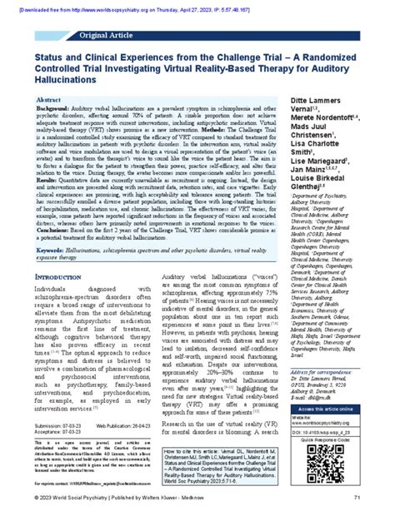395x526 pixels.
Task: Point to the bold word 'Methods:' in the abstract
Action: point(196,152)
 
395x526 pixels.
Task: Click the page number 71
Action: point(379,519)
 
